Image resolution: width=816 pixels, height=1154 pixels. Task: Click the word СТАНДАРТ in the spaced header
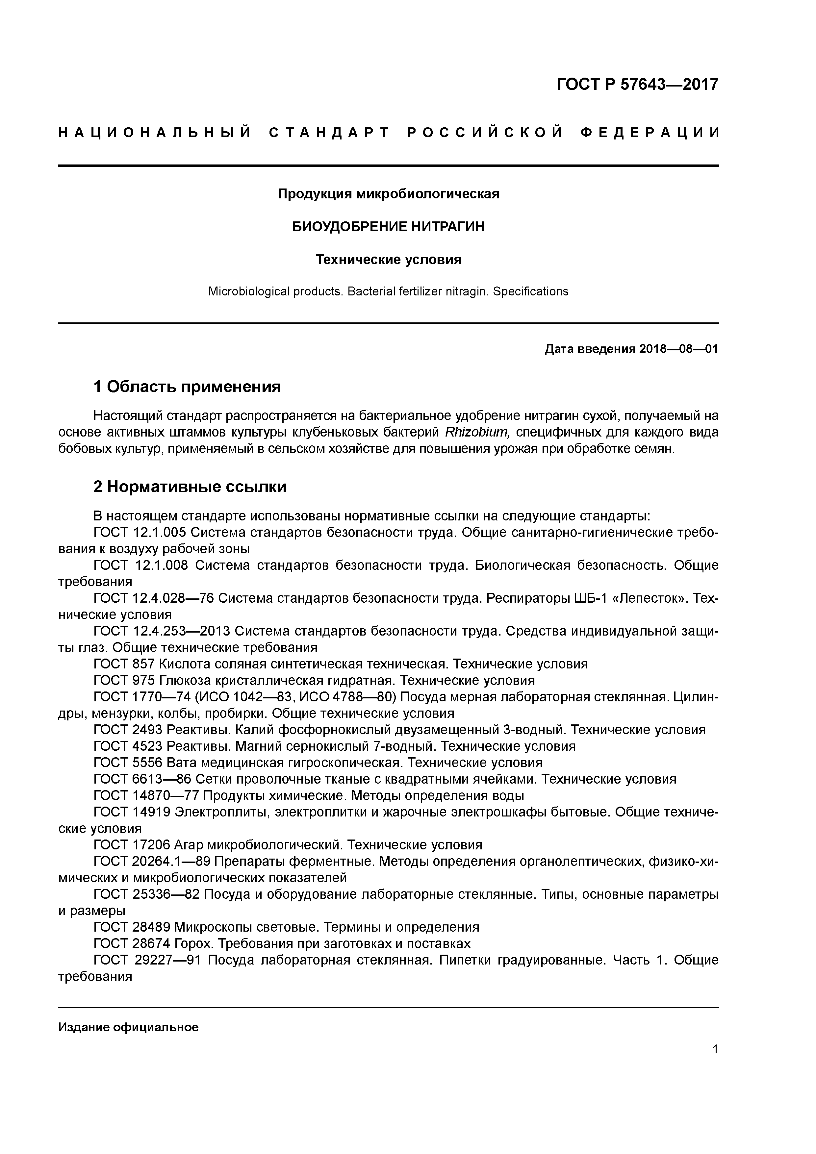(x=329, y=133)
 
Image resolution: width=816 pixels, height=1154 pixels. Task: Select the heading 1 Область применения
(x=187, y=387)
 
